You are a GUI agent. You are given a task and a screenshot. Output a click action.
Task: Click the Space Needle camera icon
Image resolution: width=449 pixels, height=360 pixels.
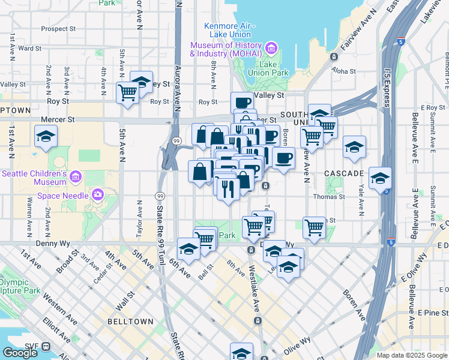(98, 194)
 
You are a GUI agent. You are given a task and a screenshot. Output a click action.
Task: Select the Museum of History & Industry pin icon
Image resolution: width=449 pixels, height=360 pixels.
(271, 48)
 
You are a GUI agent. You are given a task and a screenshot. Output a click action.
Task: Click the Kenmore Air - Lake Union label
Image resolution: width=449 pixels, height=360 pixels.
(230, 31)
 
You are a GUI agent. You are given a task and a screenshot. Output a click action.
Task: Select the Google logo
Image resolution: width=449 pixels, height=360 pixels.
(19, 353)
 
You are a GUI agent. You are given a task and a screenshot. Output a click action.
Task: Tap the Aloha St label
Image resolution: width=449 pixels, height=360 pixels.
(345, 71)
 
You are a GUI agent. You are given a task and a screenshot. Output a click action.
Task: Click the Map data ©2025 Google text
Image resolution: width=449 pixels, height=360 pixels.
(411, 355)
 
